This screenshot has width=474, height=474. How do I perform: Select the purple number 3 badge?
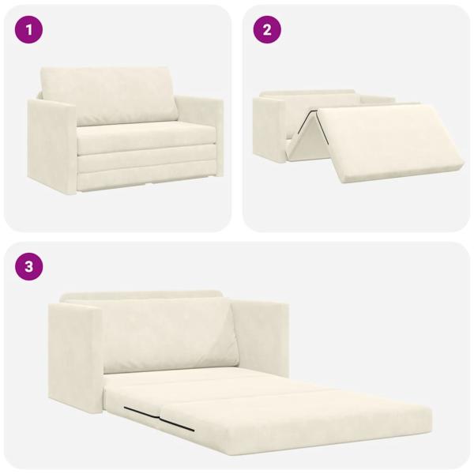[x=29, y=266]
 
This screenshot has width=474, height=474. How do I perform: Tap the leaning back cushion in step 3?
[x=170, y=336]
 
